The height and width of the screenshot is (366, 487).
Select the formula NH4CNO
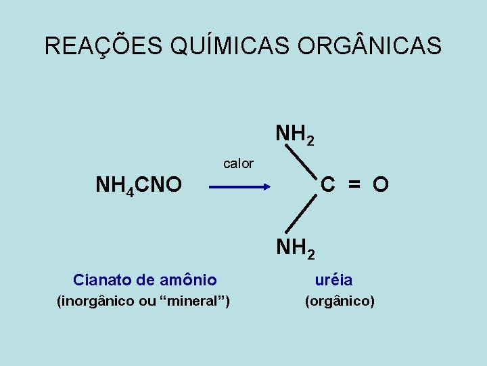(x=138, y=184)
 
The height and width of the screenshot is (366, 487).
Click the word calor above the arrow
(x=238, y=163)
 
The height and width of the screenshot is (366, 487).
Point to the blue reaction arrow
(x=239, y=184)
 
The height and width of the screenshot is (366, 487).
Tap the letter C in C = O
(x=329, y=184)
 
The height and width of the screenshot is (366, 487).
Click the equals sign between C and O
(x=354, y=184)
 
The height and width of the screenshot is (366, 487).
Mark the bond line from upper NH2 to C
(x=302, y=162)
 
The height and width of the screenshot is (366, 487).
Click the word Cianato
(x=101, y=279)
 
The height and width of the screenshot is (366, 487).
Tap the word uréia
(x=333, y=279)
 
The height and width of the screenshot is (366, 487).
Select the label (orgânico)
(x=340, y=301)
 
